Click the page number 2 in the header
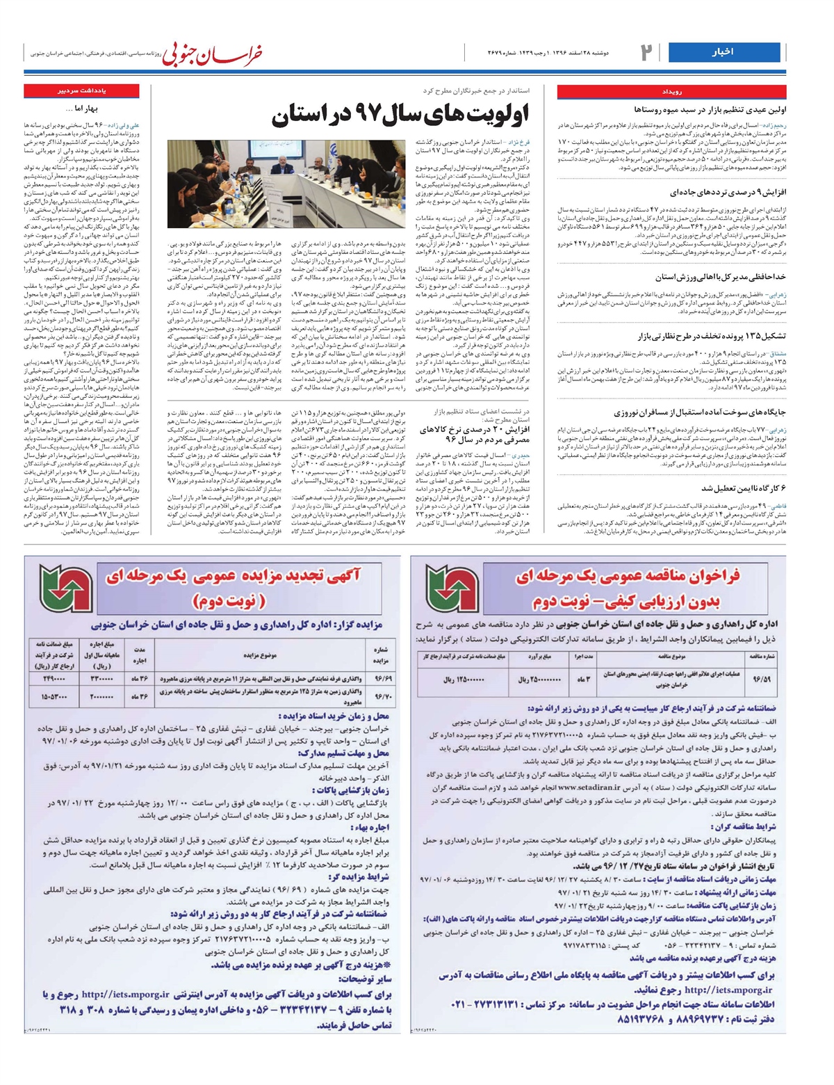pos(646,52)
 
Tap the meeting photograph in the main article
pos(286,184)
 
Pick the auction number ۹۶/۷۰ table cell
pos(383,696)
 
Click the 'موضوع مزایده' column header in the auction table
pos(261,654)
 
